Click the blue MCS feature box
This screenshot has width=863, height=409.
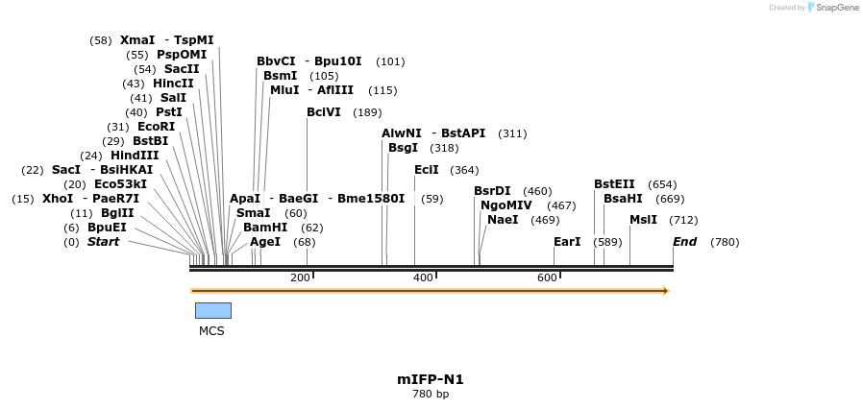(x=212, y=310)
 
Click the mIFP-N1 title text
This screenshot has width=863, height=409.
(x=431, y=379)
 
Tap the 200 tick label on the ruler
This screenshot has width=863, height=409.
(x=300, y=277)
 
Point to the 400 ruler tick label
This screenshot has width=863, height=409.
(x=423, y=277)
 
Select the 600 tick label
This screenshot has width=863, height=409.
(x=547, y=277)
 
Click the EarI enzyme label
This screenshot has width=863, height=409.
(x=567, y=242)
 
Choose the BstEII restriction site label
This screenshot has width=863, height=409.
(x=614, y=184)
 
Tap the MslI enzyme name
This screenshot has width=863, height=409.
(x=643, y=220)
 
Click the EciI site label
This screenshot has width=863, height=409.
(x=426, y=170)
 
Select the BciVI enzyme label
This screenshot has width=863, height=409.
(x=324, y=112)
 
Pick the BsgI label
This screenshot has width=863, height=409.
(x=403, y=148)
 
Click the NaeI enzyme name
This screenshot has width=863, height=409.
(x=503, y=220)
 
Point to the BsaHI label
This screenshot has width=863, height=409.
(x=623, y=199)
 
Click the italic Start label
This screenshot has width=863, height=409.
(x=103, y=242)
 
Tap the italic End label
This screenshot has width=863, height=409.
(x=684, y=242)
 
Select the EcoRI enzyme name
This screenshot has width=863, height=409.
(x=156, y=127)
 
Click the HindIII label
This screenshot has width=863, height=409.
(x=135, y=156)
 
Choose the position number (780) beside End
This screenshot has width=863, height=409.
(x=725, y=242)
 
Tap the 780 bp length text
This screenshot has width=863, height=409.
(x=431, y=394)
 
